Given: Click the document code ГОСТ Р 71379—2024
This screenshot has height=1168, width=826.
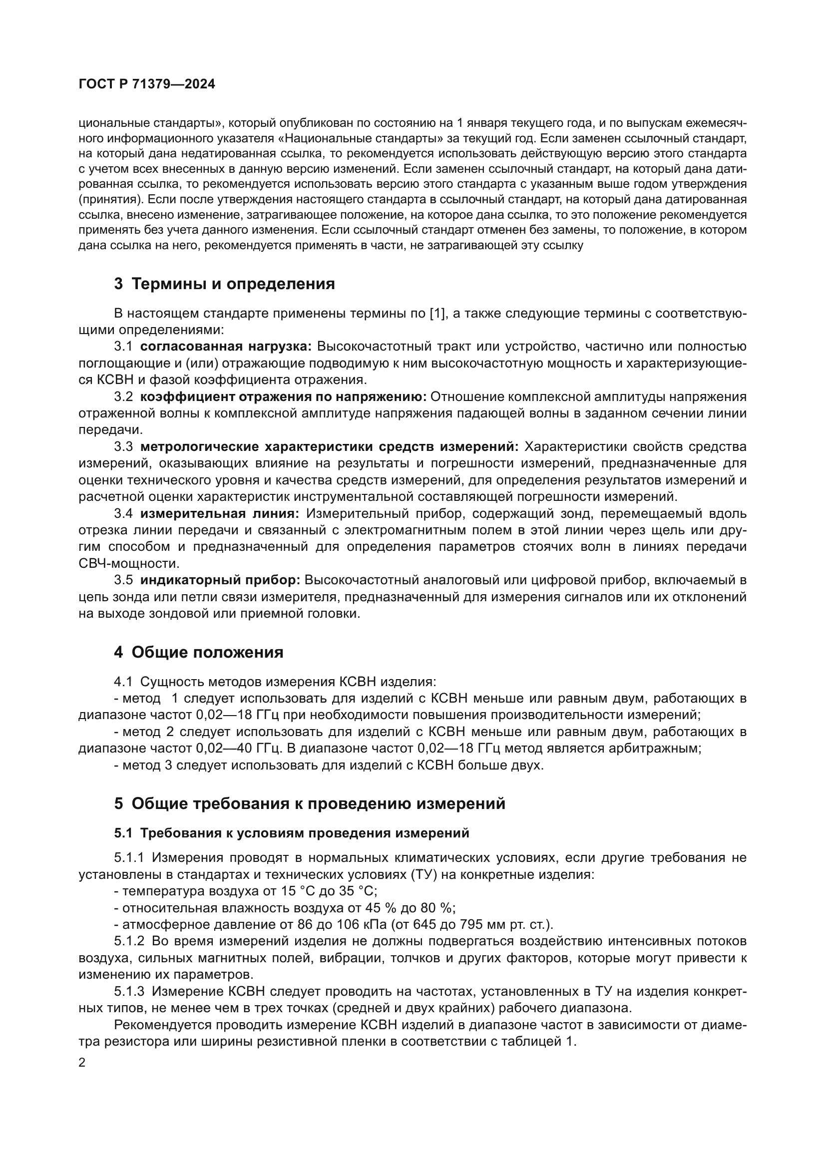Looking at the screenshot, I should (x=147, y=84).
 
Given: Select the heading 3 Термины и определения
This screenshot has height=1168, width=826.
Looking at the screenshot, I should (x=224, y=284).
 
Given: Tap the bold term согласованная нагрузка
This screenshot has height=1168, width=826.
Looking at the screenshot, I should (x=226, y=347).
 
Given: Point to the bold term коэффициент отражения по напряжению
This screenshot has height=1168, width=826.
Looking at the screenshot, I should (x=283, y=397).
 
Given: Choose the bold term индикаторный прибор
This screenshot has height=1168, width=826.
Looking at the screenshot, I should (x=220, y=580).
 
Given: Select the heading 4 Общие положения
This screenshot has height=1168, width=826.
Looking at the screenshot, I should (x=198, y=653).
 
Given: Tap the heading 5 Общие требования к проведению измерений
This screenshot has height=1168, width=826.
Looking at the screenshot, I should (x=309, y=804).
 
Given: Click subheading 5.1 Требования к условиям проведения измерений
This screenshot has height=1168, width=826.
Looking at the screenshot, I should (x=292, y=833).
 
